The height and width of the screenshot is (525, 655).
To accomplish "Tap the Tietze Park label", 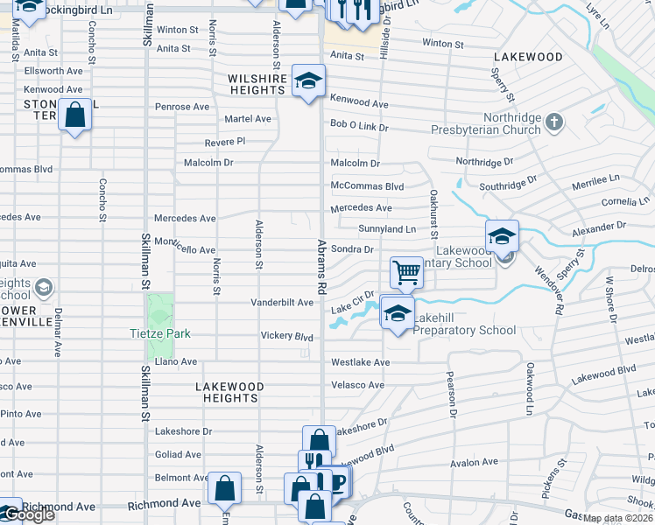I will (159, 334).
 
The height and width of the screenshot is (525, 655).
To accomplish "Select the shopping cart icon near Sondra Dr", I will (406, 272).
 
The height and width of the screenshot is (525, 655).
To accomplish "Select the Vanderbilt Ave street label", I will (282, 303).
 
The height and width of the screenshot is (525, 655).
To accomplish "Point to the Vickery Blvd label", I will (286, 336).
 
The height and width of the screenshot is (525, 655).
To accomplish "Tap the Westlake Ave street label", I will (360, 362).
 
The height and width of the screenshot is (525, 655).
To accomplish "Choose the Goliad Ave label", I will (178, 455).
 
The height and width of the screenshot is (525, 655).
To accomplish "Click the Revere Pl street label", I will (225, 141).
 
